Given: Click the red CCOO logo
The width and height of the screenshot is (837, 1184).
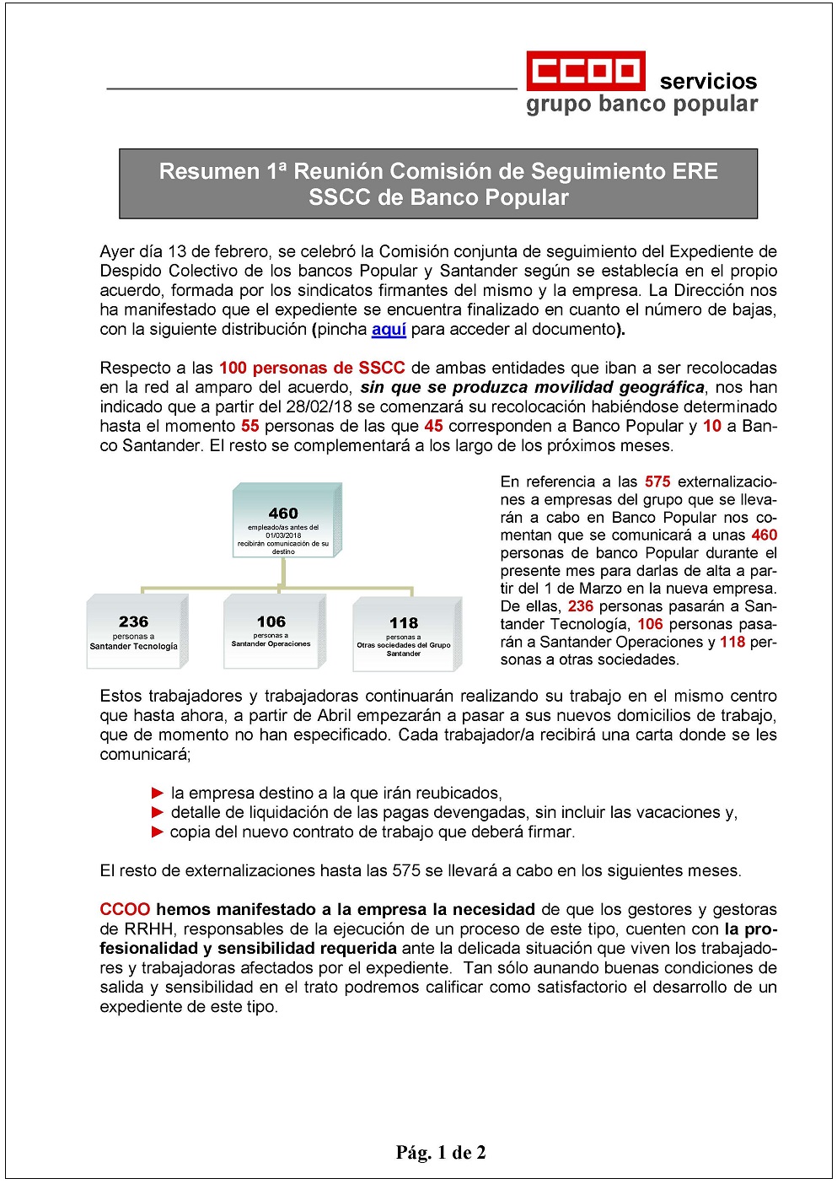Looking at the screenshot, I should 586,71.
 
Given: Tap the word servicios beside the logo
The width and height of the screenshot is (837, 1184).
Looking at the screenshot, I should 708,82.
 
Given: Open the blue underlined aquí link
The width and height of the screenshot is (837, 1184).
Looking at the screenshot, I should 389,330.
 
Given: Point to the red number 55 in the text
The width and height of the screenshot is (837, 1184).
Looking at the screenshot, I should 250,427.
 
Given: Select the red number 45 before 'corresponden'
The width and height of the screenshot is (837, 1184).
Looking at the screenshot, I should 434,427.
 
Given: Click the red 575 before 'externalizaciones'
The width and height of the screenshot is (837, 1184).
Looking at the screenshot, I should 657,482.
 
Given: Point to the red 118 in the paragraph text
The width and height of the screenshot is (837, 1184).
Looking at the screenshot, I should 732,643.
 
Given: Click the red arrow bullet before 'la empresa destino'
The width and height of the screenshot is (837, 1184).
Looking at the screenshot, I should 158,794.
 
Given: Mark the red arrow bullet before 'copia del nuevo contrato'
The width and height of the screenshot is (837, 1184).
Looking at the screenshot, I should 158,832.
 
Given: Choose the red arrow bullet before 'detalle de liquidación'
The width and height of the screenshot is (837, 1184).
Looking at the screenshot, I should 158,813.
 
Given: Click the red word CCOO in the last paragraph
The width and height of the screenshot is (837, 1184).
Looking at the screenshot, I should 125,910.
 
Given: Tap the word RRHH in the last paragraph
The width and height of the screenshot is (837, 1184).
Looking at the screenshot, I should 148,929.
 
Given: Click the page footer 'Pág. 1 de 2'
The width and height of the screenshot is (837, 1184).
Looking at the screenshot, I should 441,1153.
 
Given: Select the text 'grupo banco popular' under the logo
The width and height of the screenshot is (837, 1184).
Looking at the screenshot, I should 641,105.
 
